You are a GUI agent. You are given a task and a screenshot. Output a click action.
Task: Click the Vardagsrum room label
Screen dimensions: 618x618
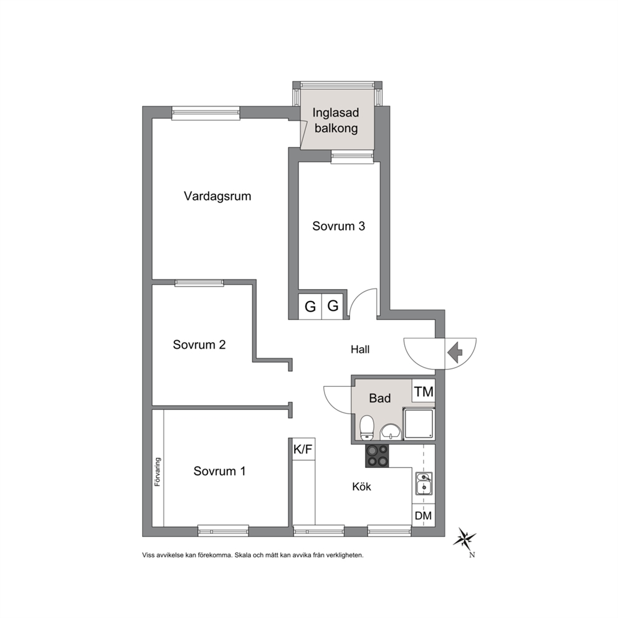tap(217, 196)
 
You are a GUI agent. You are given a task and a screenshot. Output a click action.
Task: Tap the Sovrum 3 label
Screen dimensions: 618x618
tap(338, 226)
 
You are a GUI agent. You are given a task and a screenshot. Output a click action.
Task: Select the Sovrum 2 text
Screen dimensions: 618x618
tap(199, 345)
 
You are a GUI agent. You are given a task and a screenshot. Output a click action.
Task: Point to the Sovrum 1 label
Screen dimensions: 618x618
tap(219, 471)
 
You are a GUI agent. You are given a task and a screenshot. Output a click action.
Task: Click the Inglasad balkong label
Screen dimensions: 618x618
tap(336, 120)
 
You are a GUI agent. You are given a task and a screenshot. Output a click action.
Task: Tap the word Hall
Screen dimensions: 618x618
tap(360, 349)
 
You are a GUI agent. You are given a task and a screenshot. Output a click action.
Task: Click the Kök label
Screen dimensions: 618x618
tap(361, 487)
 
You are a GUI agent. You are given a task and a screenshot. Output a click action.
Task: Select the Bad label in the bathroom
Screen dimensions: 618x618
tap(380, 398)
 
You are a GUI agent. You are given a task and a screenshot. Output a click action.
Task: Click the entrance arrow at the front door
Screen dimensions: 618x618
tap(455, 351)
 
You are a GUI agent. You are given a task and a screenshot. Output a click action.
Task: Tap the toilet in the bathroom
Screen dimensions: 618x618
tap(367, 427)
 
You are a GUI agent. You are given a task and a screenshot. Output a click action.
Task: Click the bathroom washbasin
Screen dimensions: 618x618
tap(391, 432)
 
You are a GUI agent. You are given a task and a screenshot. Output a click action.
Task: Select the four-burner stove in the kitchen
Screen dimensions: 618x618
tap(377, 456)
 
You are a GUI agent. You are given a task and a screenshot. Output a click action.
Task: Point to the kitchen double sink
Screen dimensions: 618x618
tap(424, 483)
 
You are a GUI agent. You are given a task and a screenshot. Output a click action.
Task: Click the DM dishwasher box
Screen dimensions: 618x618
tap(424, 515)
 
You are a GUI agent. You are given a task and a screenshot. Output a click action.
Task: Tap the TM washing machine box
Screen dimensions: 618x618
tap(424, 391)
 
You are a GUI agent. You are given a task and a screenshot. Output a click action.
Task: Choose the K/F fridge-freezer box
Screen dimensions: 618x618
tap(303, 449)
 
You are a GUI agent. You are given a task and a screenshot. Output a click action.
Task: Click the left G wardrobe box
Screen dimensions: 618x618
tap(310, 307)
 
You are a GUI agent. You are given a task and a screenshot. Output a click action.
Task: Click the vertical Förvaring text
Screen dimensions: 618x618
tap(158, 472)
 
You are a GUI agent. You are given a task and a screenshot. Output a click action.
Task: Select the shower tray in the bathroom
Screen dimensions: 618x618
tap(419, 424)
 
